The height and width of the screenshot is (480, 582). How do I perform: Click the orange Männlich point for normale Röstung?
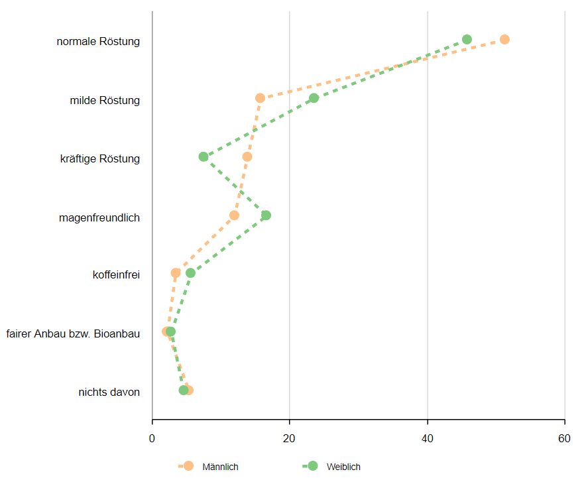(504, 40)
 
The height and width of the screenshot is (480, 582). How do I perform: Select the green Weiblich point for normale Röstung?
(467, 40)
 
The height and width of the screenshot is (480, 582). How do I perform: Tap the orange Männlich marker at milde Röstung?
(260, 98)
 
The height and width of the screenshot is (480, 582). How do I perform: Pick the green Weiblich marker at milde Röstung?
(314, 98)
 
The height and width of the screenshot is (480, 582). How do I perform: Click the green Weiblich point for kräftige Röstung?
(204, 156)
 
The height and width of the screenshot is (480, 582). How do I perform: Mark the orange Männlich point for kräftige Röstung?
(247, 156)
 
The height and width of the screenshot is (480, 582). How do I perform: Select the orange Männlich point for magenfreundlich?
(234, 215)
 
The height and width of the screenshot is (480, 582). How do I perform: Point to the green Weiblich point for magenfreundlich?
(266, 215)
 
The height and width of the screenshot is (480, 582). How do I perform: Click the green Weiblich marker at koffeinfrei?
(190, 273)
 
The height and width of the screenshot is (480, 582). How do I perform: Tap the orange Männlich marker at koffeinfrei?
(176, 273)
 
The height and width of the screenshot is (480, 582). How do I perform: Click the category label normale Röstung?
(98, 42)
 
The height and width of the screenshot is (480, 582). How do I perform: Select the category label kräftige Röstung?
(99, 158)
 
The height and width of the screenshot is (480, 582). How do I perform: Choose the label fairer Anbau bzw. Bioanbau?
(73, 333)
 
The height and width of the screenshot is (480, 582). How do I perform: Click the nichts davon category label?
(109, 392)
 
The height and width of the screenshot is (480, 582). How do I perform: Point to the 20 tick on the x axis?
(290, 438)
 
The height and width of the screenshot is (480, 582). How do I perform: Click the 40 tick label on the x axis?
(427, 438)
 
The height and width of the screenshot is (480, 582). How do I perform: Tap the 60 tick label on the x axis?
(564, 438)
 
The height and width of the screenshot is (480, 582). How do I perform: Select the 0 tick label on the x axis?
(152, 438)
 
